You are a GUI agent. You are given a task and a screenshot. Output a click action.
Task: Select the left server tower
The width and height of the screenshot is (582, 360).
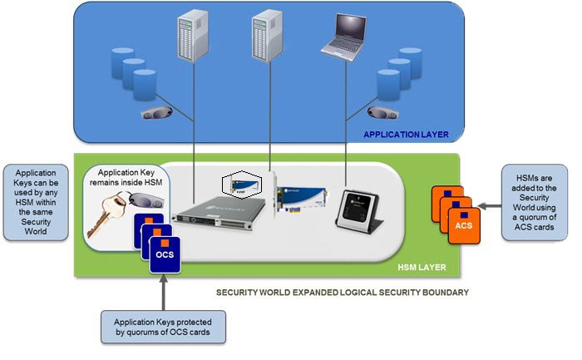(x=192, y=36)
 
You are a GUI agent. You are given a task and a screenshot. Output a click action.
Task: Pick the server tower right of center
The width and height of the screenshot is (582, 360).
(x=267, y=35)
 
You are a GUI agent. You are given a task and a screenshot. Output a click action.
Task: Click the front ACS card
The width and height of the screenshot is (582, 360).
(x=464, y=225)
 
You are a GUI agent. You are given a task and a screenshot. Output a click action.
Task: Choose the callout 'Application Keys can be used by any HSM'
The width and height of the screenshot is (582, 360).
(x=36, y=202)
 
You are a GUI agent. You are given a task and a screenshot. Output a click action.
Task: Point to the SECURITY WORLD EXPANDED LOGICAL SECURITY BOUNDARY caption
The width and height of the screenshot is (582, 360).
(x=343, y=293)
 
